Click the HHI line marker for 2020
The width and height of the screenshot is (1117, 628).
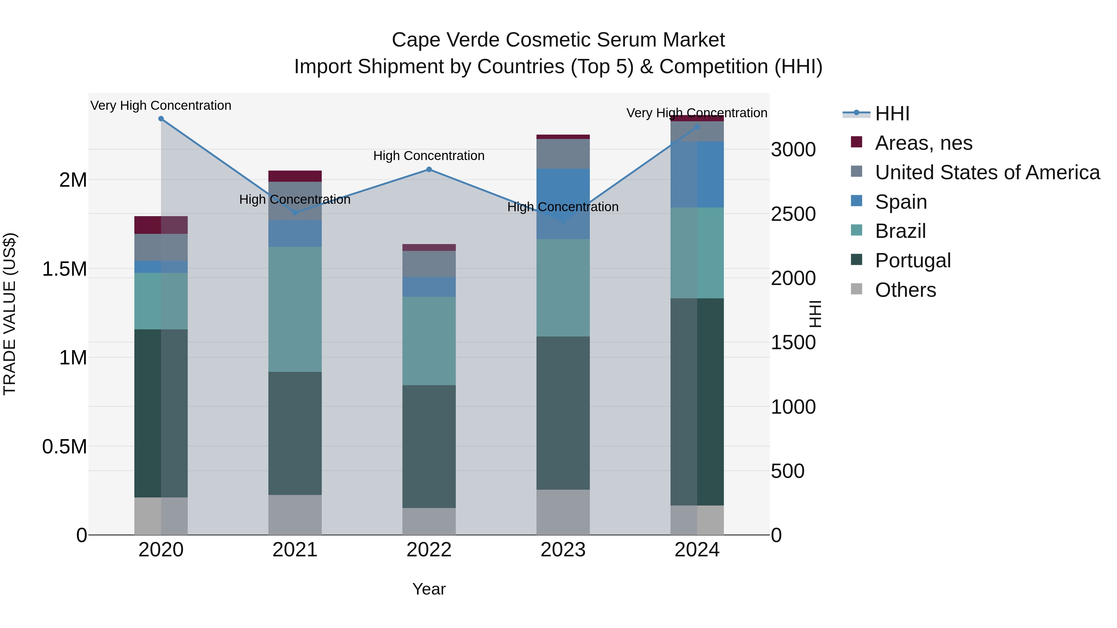click(x=161, y=119)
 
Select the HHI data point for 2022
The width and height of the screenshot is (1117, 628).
click(x=429, y=169)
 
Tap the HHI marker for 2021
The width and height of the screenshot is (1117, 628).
click(x=295, y=212)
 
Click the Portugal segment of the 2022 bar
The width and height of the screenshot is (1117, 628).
click(x=429, y=446)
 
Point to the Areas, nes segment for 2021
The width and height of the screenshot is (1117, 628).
click(x=295, y=176)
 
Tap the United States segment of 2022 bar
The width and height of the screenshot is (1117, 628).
click(x=429, y=264)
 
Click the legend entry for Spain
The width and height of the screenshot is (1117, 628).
click(x=901, y=202)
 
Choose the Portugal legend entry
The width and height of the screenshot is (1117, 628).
click(x=912, y=261)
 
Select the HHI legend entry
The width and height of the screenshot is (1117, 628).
click(x=892, y=114)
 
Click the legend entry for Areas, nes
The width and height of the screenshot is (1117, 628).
click(x=923, y=143)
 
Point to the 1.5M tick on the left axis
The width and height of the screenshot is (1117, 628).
click(x=64, y=269)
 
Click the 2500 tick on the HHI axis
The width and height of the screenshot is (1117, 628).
click(x=793, y=214)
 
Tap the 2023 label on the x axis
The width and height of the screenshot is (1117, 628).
click(x=563, y=550)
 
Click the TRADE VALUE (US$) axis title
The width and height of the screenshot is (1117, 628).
click(x=10, y=314)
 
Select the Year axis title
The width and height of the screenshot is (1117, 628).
click(x=429, y=589)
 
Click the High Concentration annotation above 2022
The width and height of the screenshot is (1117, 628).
click(x=429, y=156)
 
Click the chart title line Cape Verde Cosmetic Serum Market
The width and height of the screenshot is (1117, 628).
click(x=558, y=40)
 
